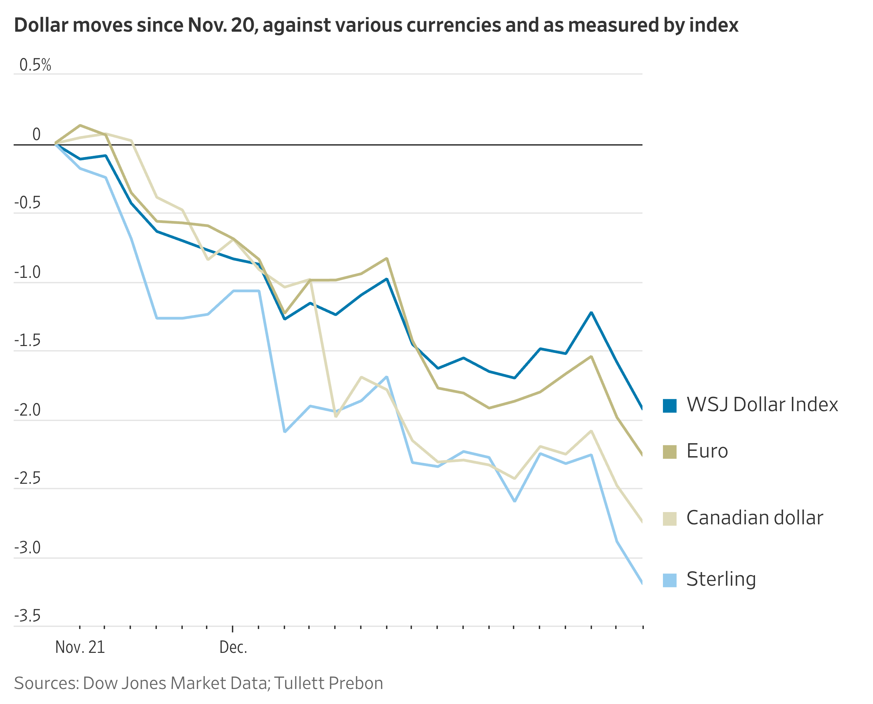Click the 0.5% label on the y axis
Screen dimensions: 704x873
[x=35, y=65]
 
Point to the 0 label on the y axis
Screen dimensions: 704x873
[x=36, y=134]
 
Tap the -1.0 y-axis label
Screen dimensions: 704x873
[x=27, y=272]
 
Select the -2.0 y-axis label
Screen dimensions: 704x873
[x=27, y=410]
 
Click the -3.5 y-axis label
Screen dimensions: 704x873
[x=27, y=616]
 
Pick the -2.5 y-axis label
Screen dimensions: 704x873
[x=27, y=478]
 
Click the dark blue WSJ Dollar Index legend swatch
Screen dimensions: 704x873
[x=669, y=406]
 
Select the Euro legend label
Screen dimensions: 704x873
[x=707, y=451]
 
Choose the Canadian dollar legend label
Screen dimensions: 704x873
[x=755, y=518]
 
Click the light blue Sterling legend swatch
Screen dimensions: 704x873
[x=669, y=580]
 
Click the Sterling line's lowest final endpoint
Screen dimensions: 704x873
[x=642, y=583]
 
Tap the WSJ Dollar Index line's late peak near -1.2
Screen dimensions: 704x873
[x=591, y=312]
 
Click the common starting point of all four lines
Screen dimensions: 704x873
[x=56, y=143]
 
